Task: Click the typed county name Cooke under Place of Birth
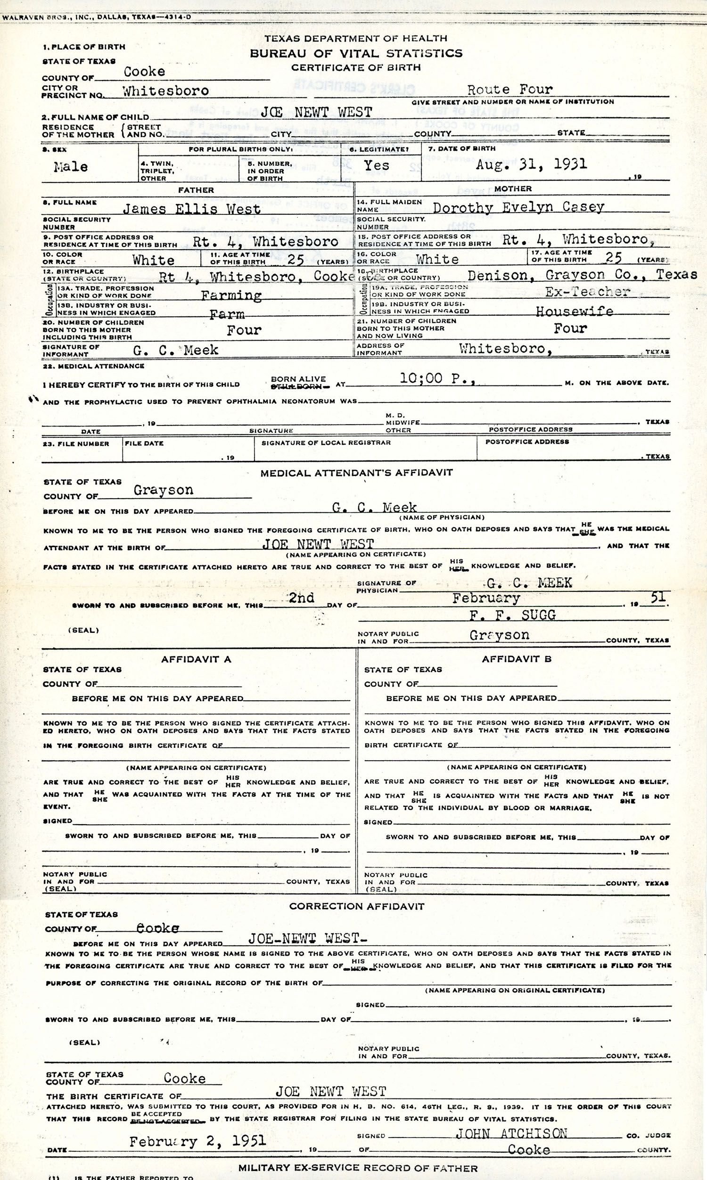click(x=144, y=72)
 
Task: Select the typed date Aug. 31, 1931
click(x=531, y=165)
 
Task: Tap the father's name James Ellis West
click(x=191, y=209)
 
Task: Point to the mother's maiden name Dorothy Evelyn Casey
click(x=518, y=207)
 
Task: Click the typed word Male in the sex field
click(x=71, y=167)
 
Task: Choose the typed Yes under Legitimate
click(x=377, y=165)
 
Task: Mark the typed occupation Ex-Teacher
click(x=587, y=292)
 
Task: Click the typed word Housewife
click(x=574, y=311)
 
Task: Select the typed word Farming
click(x=231, y=296)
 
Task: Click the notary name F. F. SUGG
click(x=512, y=615)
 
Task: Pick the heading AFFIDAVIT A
click(x=196, y=660)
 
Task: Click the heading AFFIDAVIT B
click(x=517, y=659)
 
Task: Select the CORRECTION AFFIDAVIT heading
click(x=356, y=906)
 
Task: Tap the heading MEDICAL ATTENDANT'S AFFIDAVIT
click(x=356, y=472)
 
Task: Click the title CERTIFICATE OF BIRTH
click(x=356, y=67)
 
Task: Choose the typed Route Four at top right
click(x=510, y=90)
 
